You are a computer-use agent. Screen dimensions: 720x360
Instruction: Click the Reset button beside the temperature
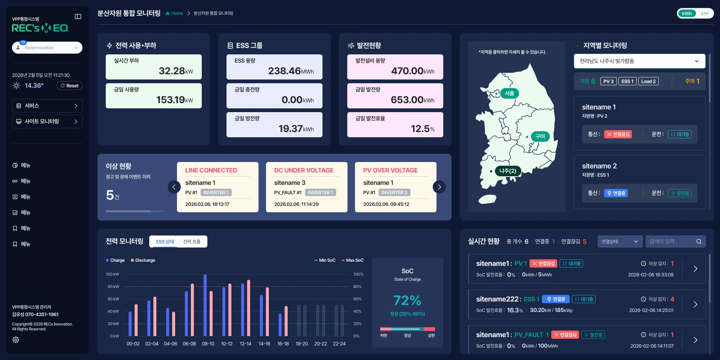pos(70,86)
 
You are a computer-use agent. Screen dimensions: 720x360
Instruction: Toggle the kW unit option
pos(705,13)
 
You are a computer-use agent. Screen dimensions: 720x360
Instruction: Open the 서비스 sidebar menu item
pos(47,106)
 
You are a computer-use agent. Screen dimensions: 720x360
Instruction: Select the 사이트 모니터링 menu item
pos(47,121)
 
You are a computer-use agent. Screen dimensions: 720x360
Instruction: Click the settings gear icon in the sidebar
pos(16,340)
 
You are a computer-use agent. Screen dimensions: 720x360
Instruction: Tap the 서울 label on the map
pos(509,93)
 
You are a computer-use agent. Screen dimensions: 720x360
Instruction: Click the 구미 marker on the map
pos(540,136)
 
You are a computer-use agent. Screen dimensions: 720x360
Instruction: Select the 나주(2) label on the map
pos(508,171)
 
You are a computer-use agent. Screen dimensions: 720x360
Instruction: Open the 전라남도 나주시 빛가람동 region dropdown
pos(639,61)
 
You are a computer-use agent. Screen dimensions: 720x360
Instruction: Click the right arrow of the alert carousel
pos(439,187)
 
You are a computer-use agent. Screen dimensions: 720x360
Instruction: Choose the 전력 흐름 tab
pos(192,241)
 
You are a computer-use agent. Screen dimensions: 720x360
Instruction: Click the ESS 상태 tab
pos(165,241)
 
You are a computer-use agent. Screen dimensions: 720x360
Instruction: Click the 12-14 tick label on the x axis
pos(246,344)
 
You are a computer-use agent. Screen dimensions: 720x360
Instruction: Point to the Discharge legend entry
pos(143,260)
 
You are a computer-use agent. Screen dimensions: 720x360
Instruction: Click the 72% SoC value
pos(407,301)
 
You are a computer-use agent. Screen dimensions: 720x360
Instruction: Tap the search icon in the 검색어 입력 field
pos(699,241)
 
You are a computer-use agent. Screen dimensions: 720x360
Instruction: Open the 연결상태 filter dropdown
pos(619,241)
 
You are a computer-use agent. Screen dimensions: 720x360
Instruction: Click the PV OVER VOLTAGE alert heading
pos(390,170)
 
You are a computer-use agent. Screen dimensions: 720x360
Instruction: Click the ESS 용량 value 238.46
pos(285,71)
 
